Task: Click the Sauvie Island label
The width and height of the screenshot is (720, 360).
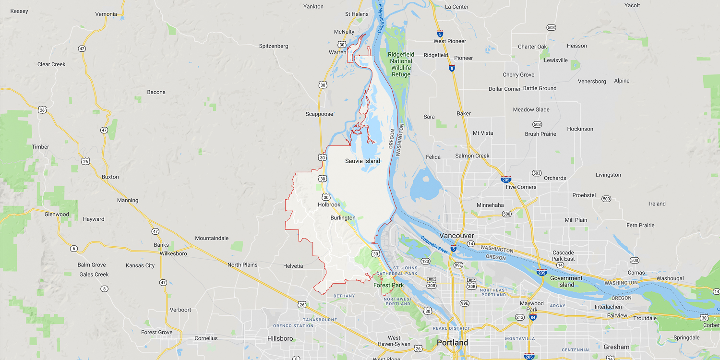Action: coord(362,161)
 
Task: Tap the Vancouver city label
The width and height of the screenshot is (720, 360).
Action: coord(456,236)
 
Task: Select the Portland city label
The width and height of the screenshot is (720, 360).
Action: coord(452,343)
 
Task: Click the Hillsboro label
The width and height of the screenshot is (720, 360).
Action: coord(280,338)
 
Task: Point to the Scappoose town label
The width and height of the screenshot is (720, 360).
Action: coord(319,114)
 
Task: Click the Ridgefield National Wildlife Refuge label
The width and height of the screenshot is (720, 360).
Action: coord(401,64)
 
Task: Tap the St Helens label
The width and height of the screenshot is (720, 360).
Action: coord(357,14)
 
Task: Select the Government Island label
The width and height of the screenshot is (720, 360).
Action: coord(566,281)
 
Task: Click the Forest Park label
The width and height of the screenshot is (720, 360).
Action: coord(388,285)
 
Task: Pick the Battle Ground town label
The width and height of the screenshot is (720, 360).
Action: coord(540,88)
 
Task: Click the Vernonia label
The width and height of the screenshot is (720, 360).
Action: coord(106,14)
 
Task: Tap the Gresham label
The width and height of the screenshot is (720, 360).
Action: coord(616,347)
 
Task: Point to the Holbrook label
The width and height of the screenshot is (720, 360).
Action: coord(329,205)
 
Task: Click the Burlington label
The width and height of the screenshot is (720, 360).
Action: coord(343,218)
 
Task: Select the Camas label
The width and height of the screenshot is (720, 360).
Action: coord(636,273)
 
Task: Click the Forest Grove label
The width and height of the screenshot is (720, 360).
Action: coord(156,332)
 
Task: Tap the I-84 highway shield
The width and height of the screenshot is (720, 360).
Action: coord(533,317)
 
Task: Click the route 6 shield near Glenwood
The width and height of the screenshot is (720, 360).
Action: coord(73,249)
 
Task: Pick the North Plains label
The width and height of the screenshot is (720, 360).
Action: coord(242,265)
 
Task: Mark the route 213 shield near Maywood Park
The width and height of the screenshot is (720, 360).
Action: coord(519,317)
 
